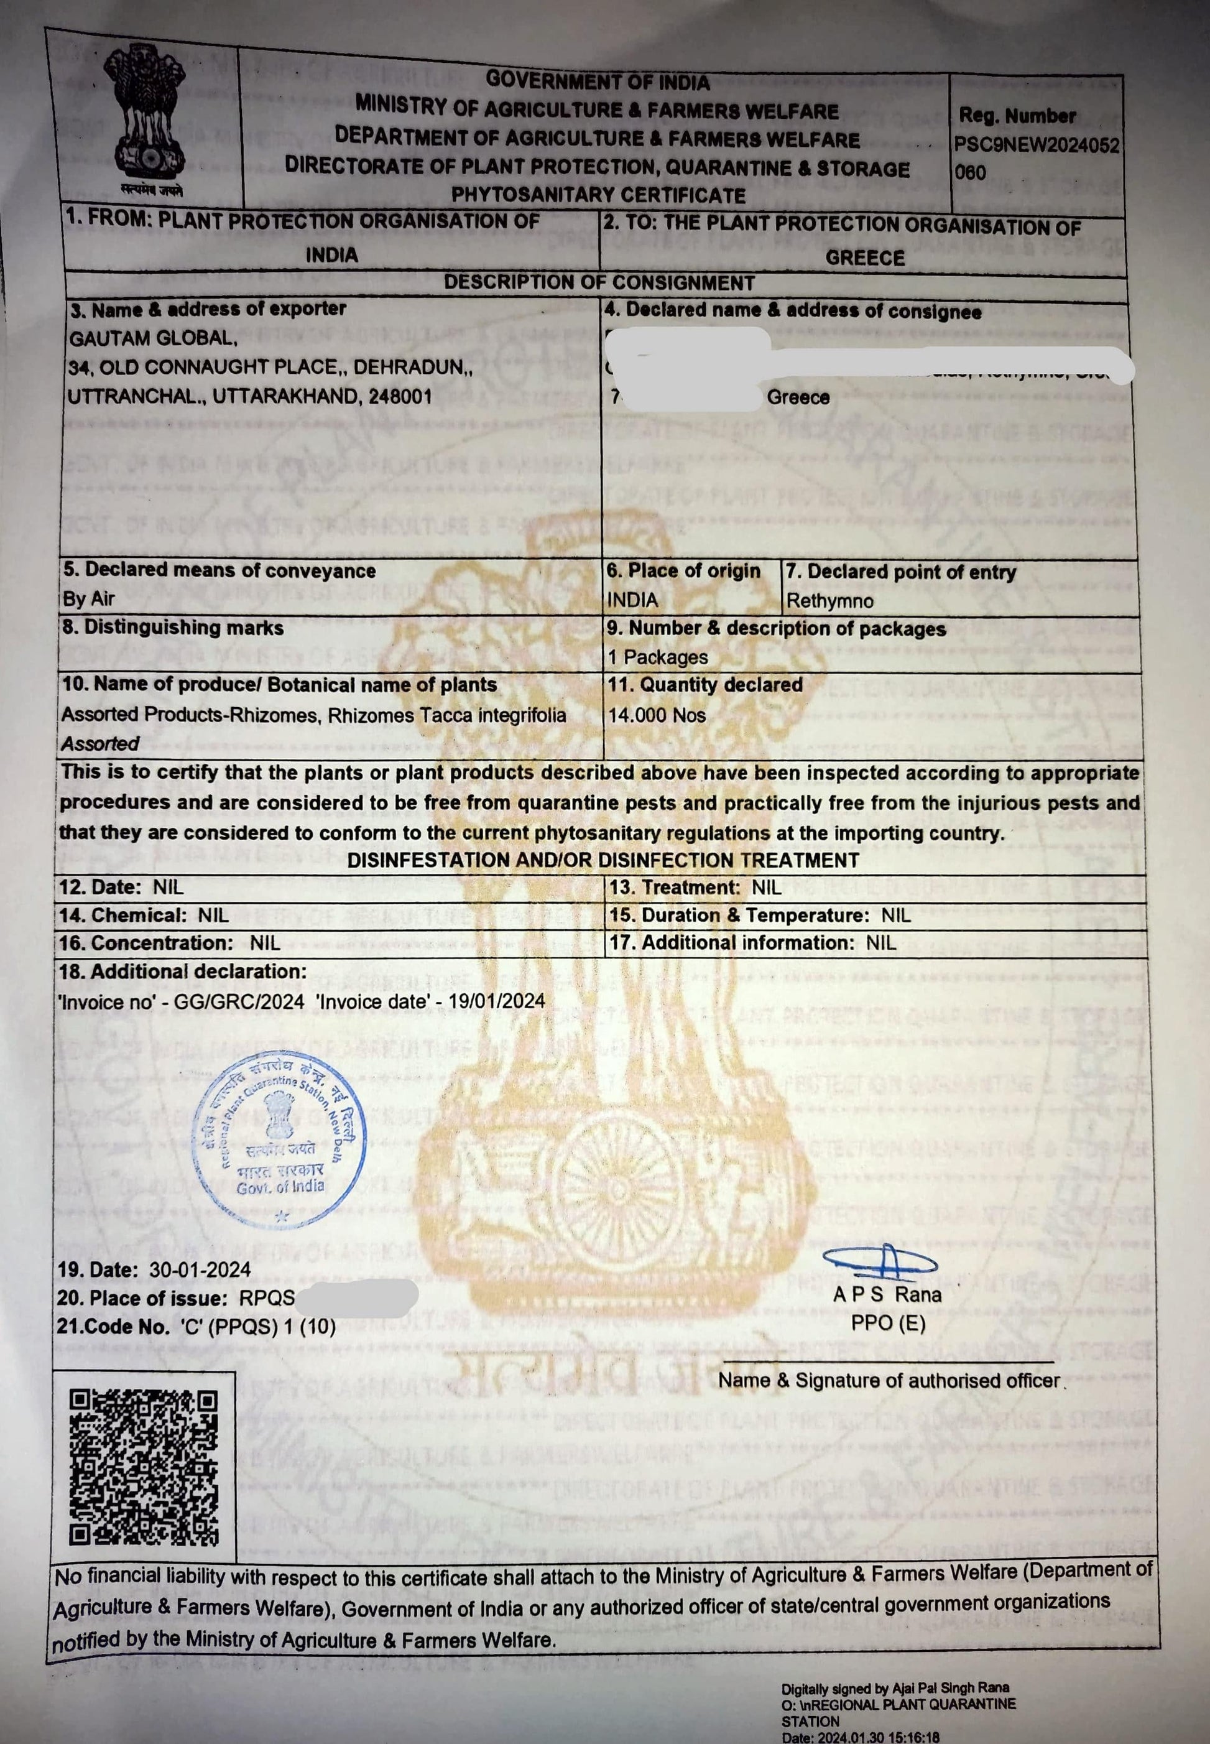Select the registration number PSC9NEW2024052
click(1037, 146)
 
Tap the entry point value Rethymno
click(829, 601)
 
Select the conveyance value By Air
click(89, 599)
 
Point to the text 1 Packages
click(657, 657)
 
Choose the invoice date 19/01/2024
click(497, 1001)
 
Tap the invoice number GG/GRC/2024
click(239, 1001)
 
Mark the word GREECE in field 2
click(865, 258)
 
